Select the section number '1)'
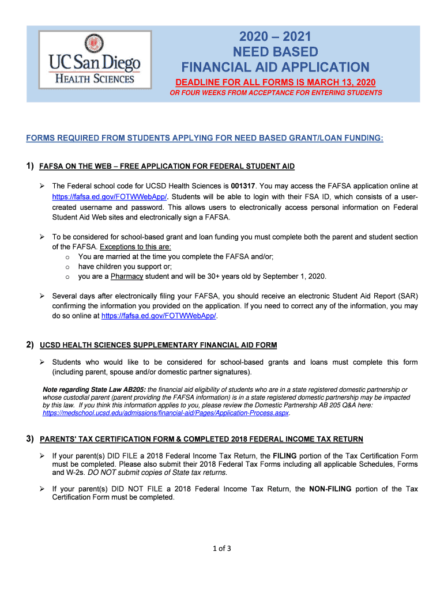[x=30, y=166]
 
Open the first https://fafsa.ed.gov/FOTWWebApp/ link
[x=97, y=196]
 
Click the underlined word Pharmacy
[x=127, y=276]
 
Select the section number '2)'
[x=30, y=345]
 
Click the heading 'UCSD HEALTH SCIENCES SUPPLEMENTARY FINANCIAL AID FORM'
[x=158, y=346]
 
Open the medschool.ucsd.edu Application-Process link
[x=166, y=413]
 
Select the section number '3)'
[x=30, y=439]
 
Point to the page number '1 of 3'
[x=222, y=548]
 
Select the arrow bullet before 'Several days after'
[x=43, y=296]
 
